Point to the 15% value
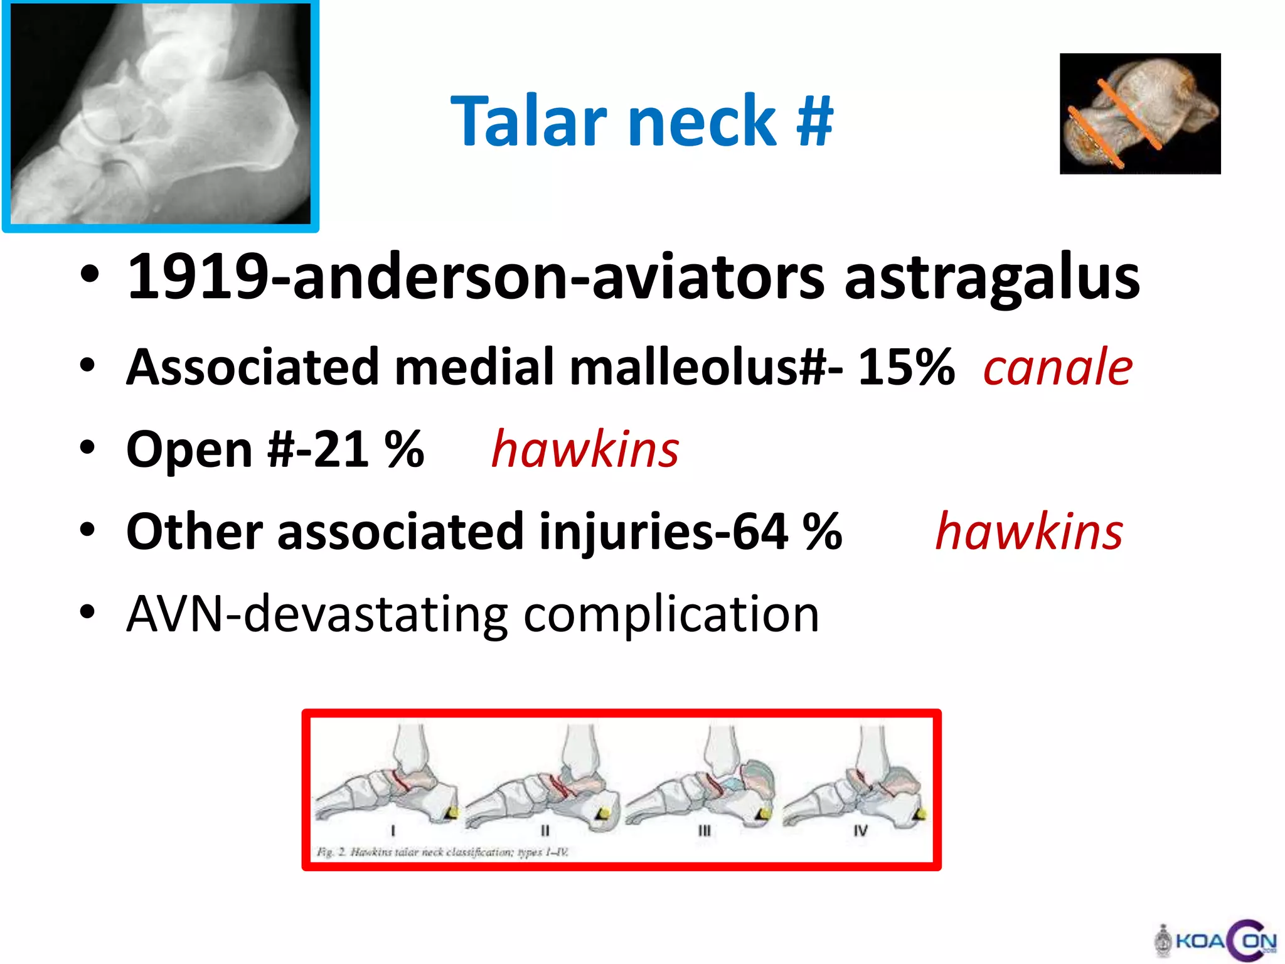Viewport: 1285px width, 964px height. pyautogui.click(x=906, y=367)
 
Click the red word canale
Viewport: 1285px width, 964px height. pyautogui.click(x=1058, y=367)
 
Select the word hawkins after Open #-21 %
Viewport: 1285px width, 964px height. pyautogui.click(x=585, y=449)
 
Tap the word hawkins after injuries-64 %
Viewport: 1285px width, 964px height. pyautogui.click(x=1029, y=532)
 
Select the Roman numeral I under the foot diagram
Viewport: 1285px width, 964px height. pyautogui.click(x=393, y=830)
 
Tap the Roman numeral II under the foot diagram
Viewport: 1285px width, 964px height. pyautogui.click(x=545, y=830)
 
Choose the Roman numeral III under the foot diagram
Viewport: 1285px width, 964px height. pyautogui.click(x=705, y=830)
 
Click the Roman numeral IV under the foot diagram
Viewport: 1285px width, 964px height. pyautogui.click(x=860, y=830)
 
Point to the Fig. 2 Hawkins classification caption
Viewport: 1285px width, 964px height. pyautogui.click(x=442, y=852)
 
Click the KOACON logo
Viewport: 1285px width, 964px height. pyautogui.click(x=1216, y=941)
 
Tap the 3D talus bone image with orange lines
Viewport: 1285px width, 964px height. pyautogui.click(x=1140, y=114)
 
